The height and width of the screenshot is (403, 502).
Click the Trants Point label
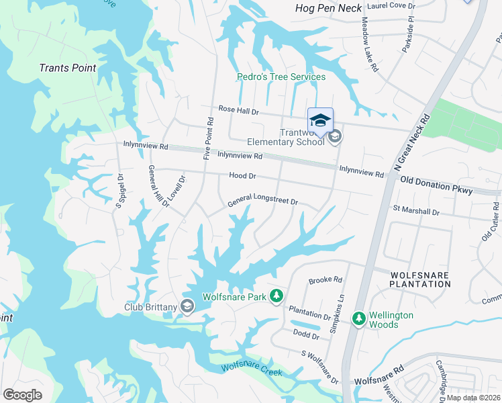point(68,68)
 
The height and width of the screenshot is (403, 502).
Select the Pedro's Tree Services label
point(281,77)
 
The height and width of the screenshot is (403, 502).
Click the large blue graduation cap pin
point(320,121)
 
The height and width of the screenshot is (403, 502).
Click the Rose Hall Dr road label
point(238,110)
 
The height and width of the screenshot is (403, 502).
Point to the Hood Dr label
point(243,175)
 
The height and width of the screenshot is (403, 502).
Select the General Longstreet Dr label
point(262,199)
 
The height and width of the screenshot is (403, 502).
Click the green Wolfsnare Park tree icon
point(276,296)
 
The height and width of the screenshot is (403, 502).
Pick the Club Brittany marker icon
point(187,306)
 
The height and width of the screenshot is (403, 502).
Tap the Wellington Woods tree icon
point(359,319)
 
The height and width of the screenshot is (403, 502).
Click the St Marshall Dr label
point(416,212)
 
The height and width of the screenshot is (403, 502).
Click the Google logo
point(23,395)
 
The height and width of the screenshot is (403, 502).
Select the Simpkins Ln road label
point(341,306)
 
